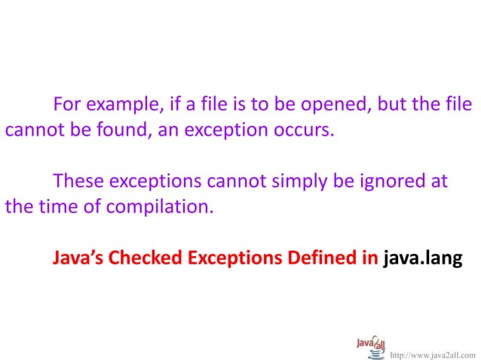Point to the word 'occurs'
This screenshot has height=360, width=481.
pos(301,130)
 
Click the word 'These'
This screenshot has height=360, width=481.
pos(78,182)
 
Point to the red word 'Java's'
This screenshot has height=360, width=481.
pos(78,258)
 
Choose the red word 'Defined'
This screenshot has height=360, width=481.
pos(321,258)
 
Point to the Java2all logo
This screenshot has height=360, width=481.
pos(371,346)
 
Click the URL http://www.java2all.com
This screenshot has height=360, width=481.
pos(434,352)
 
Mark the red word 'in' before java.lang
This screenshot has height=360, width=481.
pos(369,258)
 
